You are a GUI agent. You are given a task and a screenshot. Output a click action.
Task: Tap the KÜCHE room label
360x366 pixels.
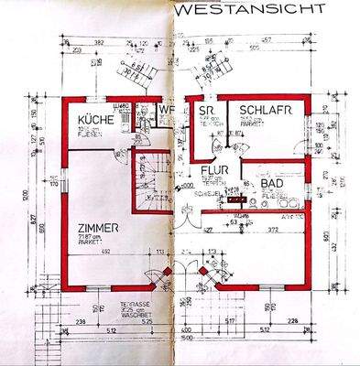click(x=95, y=121)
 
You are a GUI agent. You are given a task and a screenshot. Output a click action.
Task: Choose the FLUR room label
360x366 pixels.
click(x=213, y=170)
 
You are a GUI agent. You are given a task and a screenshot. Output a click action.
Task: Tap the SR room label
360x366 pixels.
click(x=205, y=113)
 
